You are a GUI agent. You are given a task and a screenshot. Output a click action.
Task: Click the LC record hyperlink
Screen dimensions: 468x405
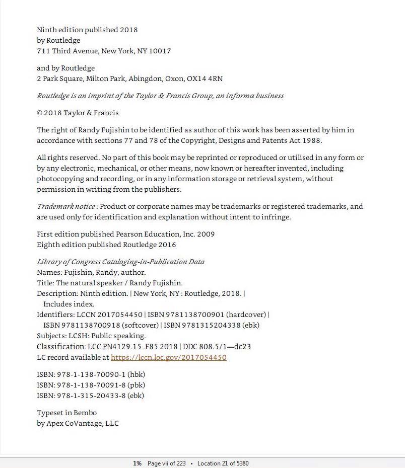(168, 357)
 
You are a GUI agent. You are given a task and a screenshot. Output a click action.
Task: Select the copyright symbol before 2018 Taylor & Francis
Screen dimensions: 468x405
(40, 113)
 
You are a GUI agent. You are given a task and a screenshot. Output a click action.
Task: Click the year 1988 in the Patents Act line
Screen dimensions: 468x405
(312, 140)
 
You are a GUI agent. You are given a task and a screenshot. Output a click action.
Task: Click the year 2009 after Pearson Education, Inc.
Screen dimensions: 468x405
(206, 234)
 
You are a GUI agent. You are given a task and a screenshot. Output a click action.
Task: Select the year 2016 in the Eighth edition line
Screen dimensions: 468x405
(167, 245)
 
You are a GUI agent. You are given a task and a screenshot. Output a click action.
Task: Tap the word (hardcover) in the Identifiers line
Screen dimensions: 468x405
(246, 315)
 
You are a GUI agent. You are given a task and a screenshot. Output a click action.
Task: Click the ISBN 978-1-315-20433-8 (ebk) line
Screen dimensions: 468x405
(90, 396)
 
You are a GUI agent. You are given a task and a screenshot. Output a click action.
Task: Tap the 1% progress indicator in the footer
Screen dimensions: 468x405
(137, 463)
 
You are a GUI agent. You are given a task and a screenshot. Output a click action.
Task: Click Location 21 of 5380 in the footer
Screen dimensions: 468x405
(223, 463)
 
